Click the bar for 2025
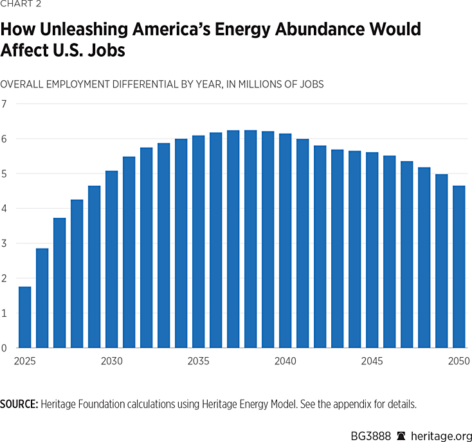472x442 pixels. click(25, 317)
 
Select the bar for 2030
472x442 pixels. click(112, 260)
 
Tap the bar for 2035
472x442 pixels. click(199, 242)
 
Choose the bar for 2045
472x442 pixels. click(372, 251)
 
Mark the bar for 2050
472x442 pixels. click(459, 267)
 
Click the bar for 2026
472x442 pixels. click(42, 298)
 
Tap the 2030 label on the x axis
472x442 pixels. click(112, 361)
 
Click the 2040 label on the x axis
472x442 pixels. click(286, 361)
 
